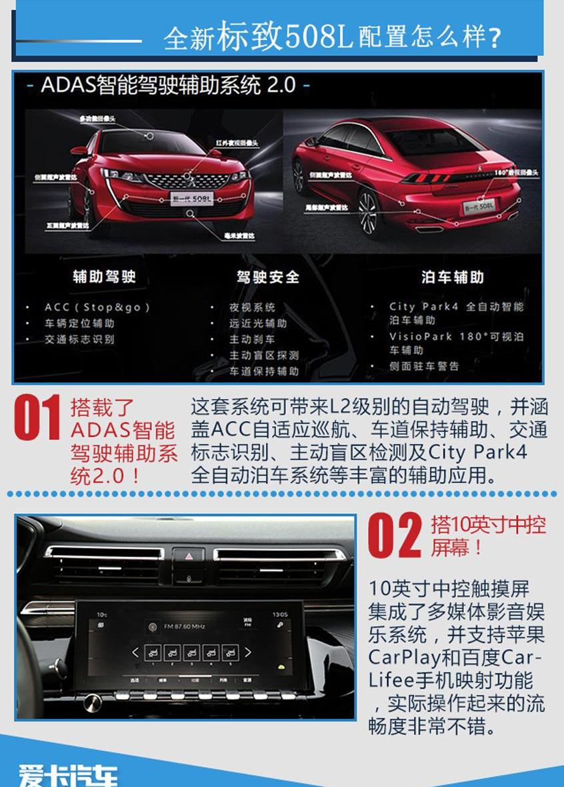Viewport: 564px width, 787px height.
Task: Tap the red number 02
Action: pos(395,534)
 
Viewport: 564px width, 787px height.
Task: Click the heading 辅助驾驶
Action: pos(104,277)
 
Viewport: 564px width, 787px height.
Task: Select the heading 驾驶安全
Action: pos(268,277)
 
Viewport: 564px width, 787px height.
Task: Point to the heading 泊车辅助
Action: pos(453,277)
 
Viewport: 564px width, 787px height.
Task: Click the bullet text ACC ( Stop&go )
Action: pos(97,307)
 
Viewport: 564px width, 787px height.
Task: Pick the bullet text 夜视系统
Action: pos(252,307)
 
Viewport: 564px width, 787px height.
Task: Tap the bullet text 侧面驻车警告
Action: pos(424,366)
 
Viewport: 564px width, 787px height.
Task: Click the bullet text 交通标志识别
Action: pos(79,339)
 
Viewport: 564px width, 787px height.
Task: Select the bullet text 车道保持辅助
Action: pos(264,371)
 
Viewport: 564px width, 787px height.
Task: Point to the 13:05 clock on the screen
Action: pos(280,614)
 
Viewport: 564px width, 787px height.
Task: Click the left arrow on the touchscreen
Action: pos(135,652)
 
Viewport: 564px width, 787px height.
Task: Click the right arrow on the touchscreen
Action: pos(248,652)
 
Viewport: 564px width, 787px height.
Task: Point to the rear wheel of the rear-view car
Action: pos(368,212)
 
